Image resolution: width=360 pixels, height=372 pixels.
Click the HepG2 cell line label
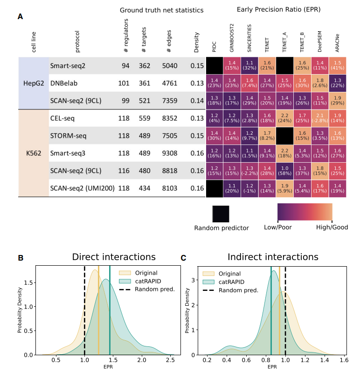pos(33,83)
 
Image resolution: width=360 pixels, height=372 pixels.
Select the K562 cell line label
pos(33,152)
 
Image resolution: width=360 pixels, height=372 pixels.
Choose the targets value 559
pos(145,118)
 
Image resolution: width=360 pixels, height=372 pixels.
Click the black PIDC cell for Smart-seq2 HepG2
pos(215,66)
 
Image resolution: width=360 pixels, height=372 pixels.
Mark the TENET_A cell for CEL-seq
pos(285,118)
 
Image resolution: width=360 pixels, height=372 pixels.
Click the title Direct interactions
pos(113,256)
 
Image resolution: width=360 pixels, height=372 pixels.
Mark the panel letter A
pos(20,16)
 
